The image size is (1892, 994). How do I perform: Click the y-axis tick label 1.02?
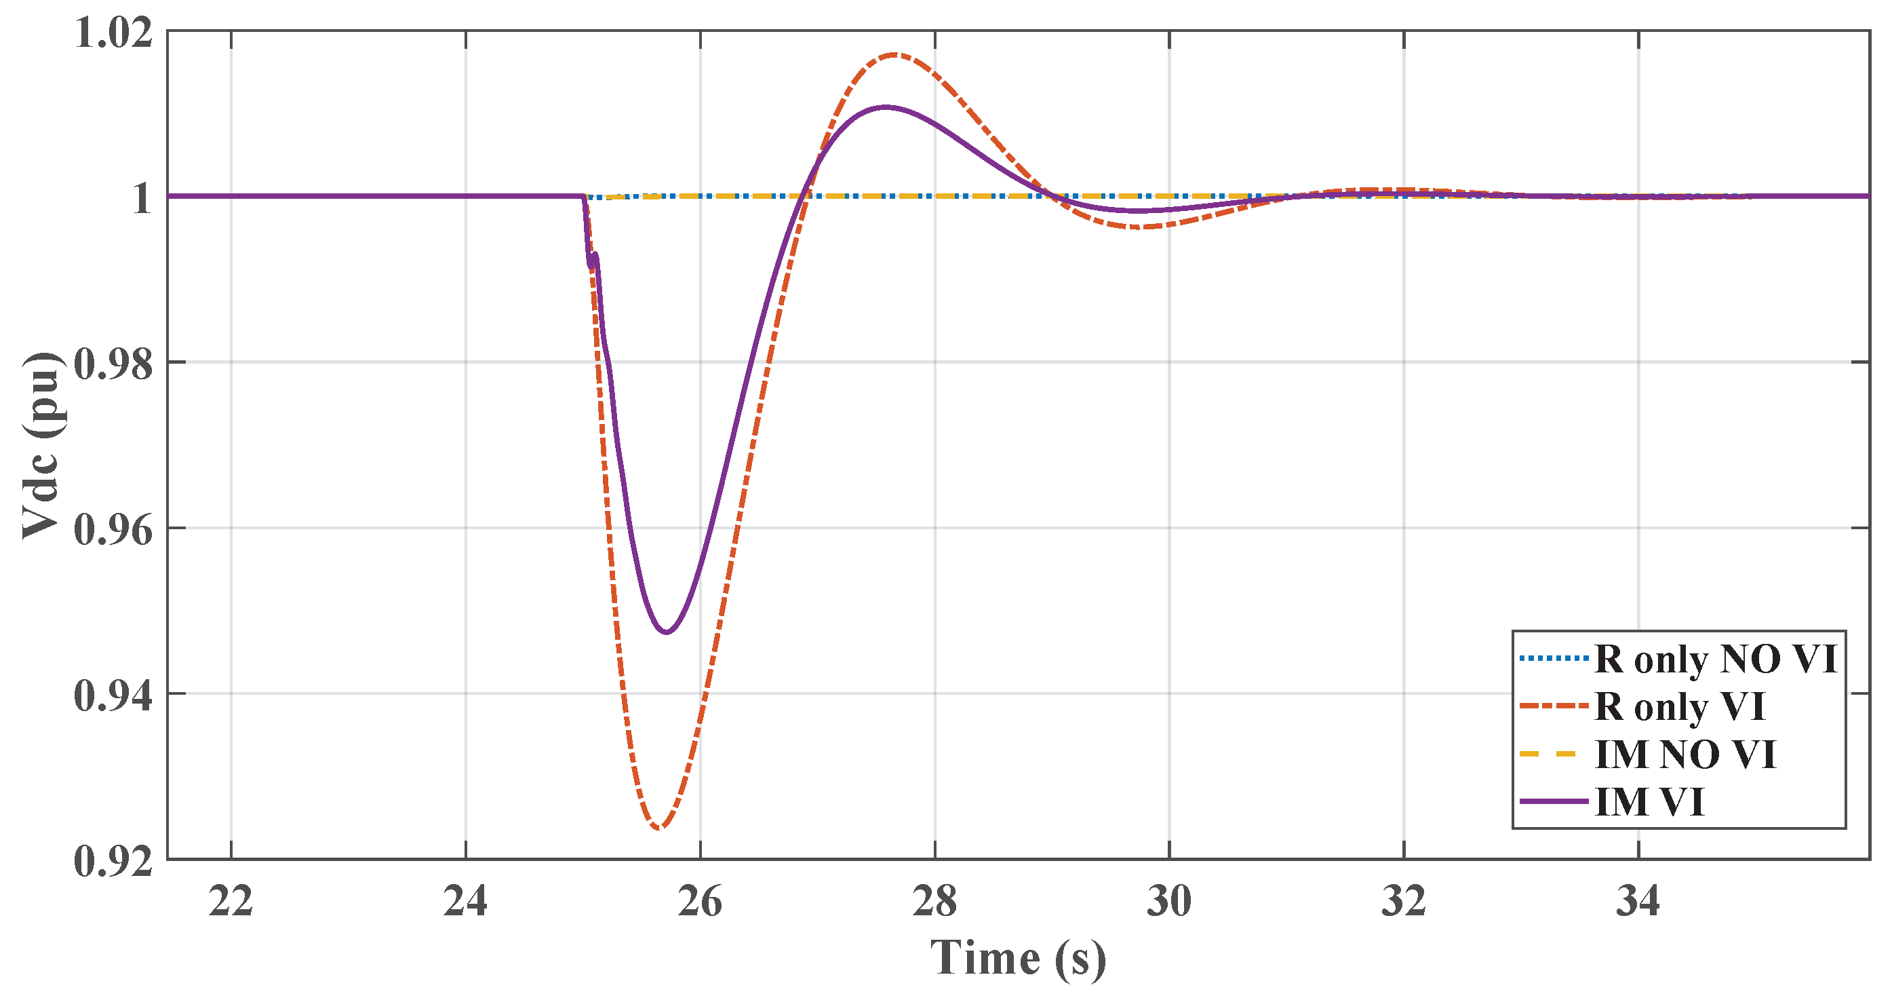(x=114, y=34)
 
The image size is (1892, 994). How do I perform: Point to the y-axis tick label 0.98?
(x=114, y=364)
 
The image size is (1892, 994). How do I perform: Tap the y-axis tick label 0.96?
(x=114, y=530)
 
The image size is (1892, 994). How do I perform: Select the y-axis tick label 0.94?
(x=114, y=695)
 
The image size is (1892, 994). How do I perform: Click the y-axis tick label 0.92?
(x=114, y=860)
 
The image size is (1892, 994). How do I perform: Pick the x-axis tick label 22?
(x=231, y=902)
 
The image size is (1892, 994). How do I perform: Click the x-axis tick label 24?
(x=465, y=902)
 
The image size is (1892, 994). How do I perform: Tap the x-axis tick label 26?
(x=700, y=902)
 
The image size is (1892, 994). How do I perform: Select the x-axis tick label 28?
(x=934, y=902)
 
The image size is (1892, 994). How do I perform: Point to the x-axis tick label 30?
(x=1168, y=902)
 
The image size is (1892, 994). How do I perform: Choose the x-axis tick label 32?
(x=1404, y=902)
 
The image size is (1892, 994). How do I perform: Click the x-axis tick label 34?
(x=1638, y=902)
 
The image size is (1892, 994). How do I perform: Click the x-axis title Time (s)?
(x=1018, y=959)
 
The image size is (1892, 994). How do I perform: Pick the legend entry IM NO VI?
(x=1686, y=754)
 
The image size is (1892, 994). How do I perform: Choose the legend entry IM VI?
(x=1650, y=801)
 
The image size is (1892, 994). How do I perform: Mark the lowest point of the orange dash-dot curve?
(x=659, y=828)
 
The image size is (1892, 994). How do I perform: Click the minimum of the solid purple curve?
(x=666, y=632)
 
